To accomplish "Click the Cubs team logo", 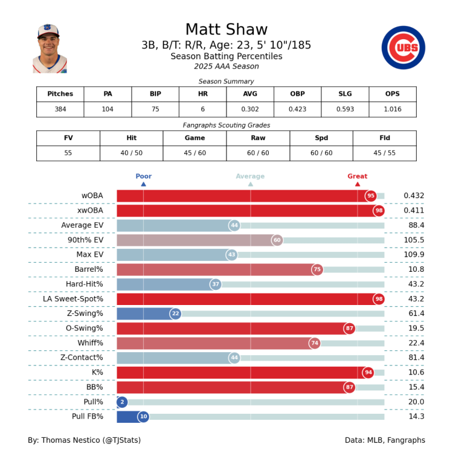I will click(403, 48).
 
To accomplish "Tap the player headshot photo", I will click(50, 49).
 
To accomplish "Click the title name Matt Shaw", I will click(226, 30).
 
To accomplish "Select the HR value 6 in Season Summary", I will click(202, 109).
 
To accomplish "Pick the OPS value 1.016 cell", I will click(392, 109).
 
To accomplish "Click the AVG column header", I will click(249, 94).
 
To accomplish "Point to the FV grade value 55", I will click(68, 153).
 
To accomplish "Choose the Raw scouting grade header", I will click(258, 138).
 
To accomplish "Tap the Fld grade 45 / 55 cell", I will click(385, 153).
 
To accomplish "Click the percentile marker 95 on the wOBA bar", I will click(371, 196).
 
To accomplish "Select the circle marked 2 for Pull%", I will click(122, 402).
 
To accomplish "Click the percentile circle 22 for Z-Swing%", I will click(175, 313).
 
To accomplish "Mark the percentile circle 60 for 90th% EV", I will click(277, 240).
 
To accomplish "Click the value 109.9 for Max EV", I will click(414, 255).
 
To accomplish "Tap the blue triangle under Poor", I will click(143, 184).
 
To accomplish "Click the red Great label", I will click(357, 176).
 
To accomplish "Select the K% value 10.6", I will click(414, 372).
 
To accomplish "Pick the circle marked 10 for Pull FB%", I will click(143, 416).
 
